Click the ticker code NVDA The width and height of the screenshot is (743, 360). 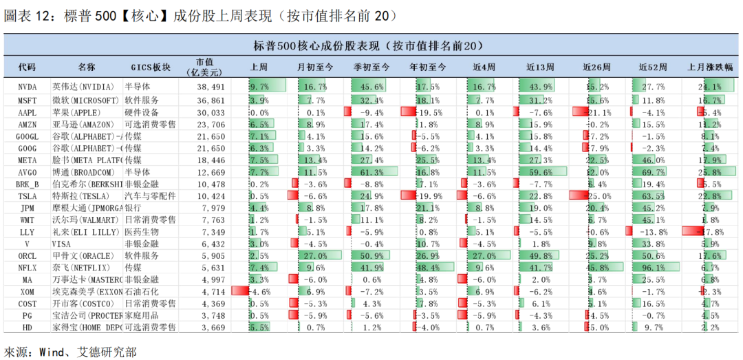28,87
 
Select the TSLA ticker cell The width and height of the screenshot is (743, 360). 28,196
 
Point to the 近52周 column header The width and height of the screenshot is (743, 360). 653,67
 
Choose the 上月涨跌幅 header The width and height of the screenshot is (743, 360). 710,67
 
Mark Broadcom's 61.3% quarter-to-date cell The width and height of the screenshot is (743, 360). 371,172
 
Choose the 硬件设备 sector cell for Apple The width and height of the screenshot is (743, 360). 142,112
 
